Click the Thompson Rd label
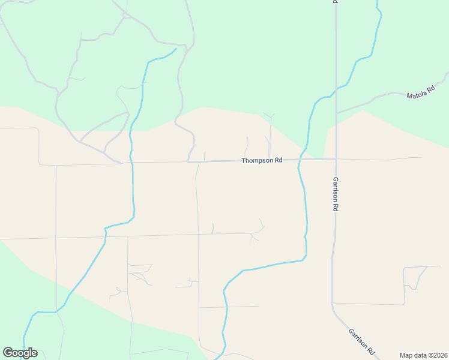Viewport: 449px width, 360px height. [262, 161]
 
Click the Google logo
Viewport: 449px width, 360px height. [20, 353]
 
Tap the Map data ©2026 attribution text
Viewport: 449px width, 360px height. [423, 355]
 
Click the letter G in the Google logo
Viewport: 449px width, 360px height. [8, 353]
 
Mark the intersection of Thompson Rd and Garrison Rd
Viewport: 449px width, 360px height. [336, 159]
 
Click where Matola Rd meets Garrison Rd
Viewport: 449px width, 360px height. [336, 112]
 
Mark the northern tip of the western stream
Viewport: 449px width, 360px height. [176, 48]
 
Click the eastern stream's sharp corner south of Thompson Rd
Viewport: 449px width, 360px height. [306, 257]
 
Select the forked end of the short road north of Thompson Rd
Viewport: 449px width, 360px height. [270, 115]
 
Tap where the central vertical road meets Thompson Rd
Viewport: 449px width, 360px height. [198, 161]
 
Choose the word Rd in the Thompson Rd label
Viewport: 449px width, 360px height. [278, 161]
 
